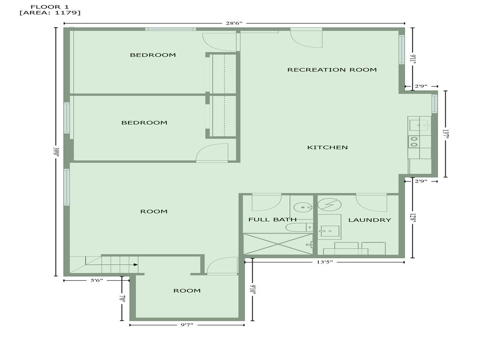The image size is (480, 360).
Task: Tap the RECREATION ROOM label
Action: [332, 70]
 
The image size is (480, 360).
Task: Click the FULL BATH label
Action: [272, 219]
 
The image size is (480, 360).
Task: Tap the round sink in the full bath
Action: [303, 206]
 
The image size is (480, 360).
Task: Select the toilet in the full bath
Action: [298, 227]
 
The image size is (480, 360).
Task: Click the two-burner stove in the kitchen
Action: [414, 141]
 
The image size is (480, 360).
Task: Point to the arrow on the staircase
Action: [135, 265]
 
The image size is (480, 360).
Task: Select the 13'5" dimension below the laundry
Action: [324, 262]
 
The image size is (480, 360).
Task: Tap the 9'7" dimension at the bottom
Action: [186, 324]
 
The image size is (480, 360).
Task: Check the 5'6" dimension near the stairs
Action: [96, 280]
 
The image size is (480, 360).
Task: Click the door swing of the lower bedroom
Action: [212, 153]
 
